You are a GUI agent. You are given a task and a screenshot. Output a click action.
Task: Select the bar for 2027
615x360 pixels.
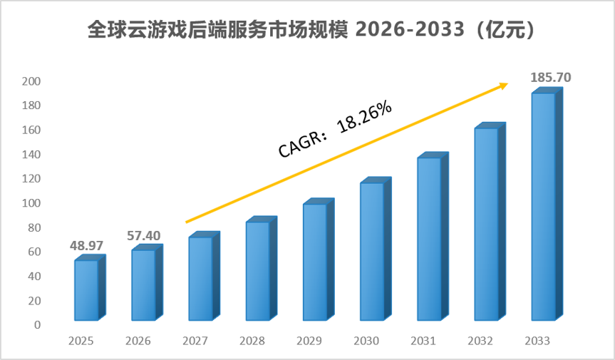pos(204,276)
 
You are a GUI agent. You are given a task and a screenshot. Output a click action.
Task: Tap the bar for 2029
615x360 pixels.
pos(318,259)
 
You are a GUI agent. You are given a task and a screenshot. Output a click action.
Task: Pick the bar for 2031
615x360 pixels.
pos(433,236)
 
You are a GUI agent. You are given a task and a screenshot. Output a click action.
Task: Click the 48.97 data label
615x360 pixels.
pos(86,246)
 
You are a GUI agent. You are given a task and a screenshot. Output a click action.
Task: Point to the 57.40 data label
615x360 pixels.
pos(143,236)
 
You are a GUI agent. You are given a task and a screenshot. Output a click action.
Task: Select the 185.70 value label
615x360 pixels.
pos(551,78)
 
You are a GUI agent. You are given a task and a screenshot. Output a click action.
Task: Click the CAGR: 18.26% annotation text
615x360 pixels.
pos(335,128)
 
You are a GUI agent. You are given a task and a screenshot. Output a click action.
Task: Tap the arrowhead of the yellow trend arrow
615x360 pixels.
pos(505,85)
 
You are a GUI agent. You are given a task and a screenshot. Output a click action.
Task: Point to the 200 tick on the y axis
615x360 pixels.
pos(31,81)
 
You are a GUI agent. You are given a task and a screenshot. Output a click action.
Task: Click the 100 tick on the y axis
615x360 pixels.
pos(31,203)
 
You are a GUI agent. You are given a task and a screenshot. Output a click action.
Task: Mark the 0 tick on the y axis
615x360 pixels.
pos(37,324)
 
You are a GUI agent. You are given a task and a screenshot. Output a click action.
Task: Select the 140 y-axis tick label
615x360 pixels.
pos(31,155)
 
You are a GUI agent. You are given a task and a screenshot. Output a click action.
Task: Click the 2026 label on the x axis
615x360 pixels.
pos(138,341)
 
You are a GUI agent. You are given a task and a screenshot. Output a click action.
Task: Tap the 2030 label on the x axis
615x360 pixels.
pos(366,341)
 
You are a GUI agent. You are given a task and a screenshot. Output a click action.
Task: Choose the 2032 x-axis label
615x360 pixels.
pos(480,341)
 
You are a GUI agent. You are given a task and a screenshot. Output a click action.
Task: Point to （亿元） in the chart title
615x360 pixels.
pos(505,30)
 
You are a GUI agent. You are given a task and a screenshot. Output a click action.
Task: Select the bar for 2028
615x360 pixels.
pos(262,268)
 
